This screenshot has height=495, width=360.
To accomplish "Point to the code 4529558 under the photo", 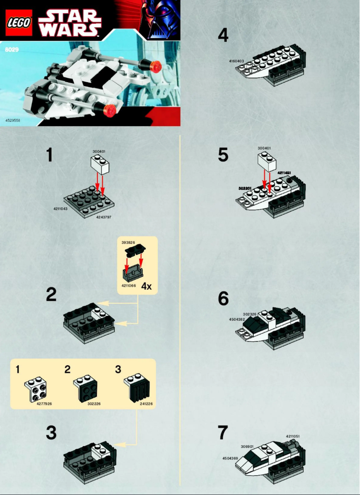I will (13, 120).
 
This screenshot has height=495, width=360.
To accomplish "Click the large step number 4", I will (223, 35).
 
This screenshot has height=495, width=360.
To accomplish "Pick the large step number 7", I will (223, 433).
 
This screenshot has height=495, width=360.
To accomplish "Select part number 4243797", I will (104, 217).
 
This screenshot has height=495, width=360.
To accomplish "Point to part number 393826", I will (128, 242).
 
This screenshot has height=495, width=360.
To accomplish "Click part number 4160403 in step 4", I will (236, 61).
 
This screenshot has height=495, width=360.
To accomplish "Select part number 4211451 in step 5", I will (285, 172).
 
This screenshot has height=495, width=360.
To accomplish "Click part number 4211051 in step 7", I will (293, 436).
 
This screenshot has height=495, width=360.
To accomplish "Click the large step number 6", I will (223, 299).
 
